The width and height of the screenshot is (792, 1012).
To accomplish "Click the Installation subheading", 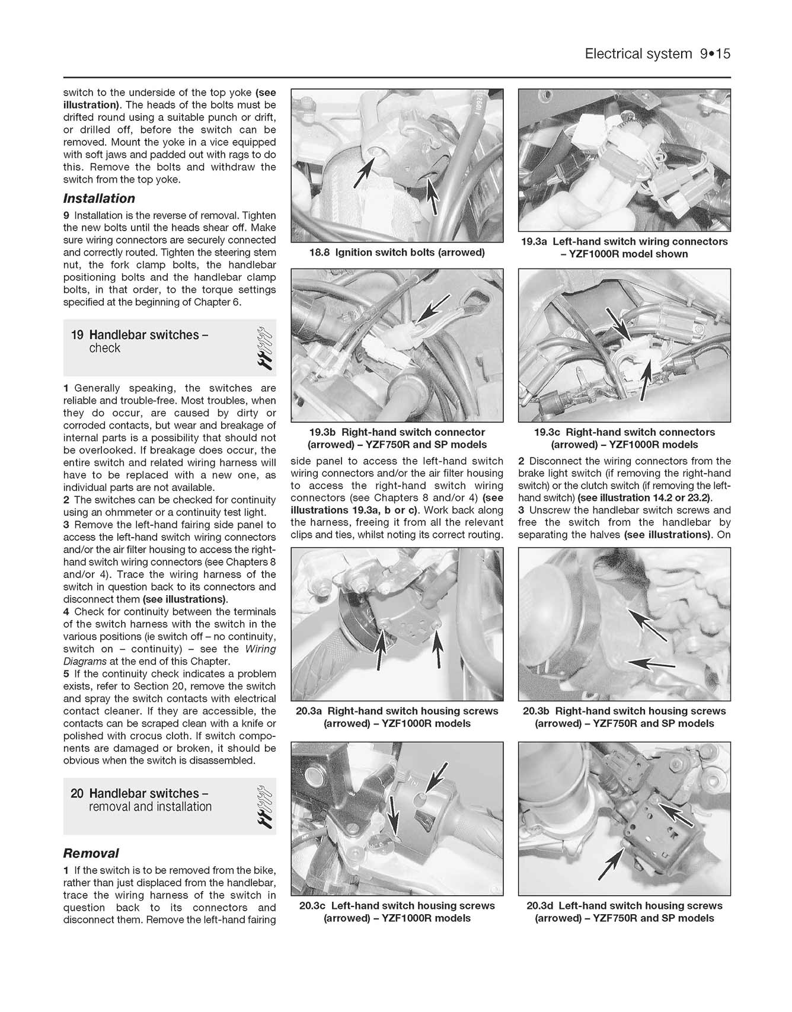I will point(99,199).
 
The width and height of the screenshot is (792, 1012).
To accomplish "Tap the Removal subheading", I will point(91,853).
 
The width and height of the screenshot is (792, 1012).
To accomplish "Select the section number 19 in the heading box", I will point(77,335).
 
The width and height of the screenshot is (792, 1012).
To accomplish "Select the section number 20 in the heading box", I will point(77,793).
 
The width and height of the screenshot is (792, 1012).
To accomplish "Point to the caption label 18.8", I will point(320,253).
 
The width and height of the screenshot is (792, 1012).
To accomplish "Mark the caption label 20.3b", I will point(537,711).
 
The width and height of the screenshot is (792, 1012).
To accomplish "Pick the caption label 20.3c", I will point(314,906).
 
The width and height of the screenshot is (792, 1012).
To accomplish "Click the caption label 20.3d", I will point(541,906).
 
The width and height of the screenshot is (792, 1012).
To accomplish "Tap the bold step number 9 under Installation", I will point(66,215).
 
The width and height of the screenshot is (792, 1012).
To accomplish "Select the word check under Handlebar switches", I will point(104,349).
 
